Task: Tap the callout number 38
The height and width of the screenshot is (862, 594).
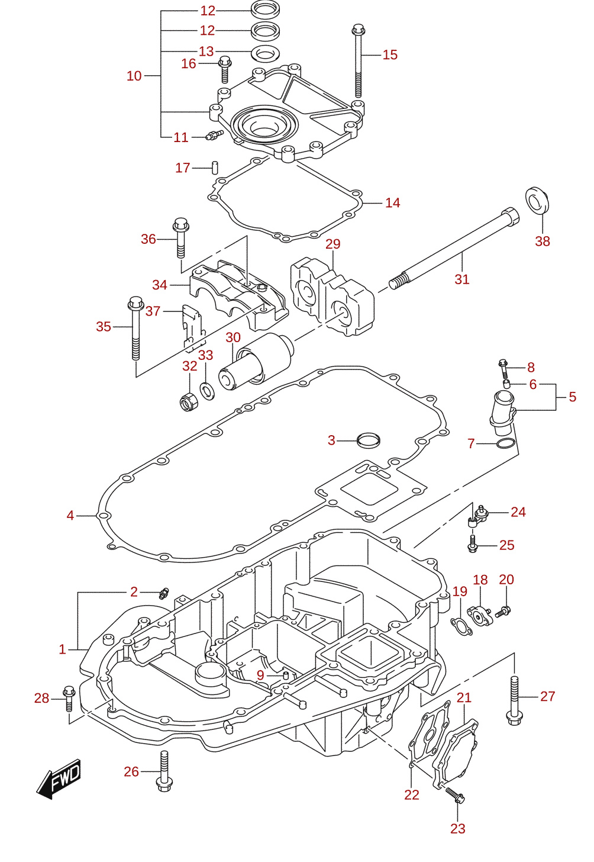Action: click(542, 242)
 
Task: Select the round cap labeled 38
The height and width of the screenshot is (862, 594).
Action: click(537, 200)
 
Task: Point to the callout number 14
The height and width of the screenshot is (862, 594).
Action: click(392, 203)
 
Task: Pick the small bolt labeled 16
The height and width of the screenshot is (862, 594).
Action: click(225, 70)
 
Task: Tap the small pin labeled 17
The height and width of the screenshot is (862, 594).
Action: click(216, 168)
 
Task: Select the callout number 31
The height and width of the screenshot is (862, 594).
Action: click(461, 279)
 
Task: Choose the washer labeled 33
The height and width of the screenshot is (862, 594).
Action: click(208, 391)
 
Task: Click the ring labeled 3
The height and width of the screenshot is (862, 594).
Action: click(369, 440)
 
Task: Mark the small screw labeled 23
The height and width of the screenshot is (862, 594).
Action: click(455, 795)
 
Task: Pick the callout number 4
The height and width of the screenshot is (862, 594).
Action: click(70, 515)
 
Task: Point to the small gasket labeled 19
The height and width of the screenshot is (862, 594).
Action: click(461, 626)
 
